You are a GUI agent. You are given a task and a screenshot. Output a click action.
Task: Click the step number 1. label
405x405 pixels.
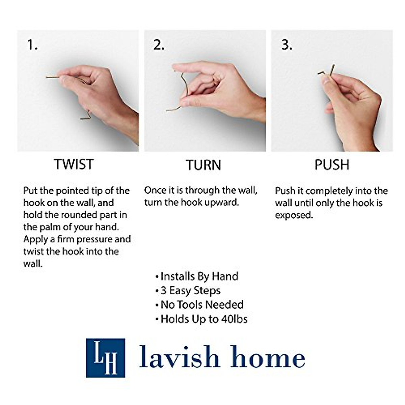tap(32, 45)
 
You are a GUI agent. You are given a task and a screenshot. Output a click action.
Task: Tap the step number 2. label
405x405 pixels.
tap(159, 45)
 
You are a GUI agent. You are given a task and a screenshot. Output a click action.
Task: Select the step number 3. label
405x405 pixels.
tap(287, 45)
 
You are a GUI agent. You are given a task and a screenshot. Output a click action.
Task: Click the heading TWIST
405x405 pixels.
tap(74, 164)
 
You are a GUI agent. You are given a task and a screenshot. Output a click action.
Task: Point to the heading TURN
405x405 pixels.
tap(203, 165)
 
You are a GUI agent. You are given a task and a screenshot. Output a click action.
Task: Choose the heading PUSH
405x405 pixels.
tap(331, 165)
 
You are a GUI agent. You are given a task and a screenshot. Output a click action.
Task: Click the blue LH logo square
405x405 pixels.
tap(105, 358)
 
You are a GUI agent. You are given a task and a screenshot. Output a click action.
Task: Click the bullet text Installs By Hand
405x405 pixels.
tap(199, 276)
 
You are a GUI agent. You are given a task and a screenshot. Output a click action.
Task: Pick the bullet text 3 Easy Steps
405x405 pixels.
tap(190, 291)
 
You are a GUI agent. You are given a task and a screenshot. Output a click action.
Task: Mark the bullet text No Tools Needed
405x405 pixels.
tap(202, 305)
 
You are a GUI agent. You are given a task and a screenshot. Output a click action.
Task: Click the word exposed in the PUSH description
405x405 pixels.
tap(294, 215)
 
